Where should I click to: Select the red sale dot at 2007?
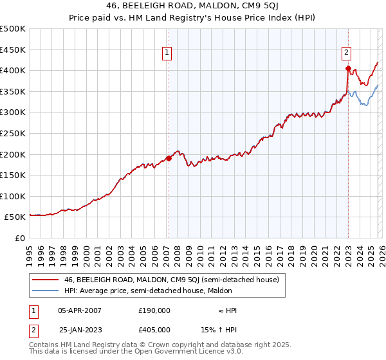click(169, 158)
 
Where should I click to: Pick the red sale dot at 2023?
click(348, 68)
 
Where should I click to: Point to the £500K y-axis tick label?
click(13, 29)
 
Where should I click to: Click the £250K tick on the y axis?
click(13, 133)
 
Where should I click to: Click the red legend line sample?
click(46, 280)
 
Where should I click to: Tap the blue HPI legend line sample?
click(46, 291)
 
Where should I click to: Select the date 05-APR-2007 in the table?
click(80, 310)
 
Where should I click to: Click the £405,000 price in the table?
click(154, 329)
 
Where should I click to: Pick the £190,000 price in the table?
click(154, 310)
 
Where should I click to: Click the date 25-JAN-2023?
click(80, 329)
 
